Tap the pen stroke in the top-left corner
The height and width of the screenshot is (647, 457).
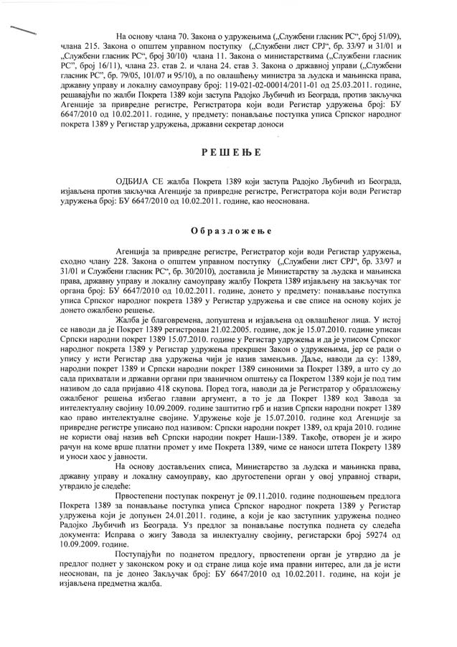[x=22, y=30]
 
